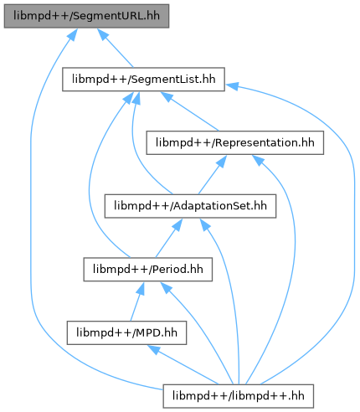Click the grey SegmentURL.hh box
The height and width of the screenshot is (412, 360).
[86, 16]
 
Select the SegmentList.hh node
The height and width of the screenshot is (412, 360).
[143, 80]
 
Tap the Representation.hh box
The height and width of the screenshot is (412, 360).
[235, 142]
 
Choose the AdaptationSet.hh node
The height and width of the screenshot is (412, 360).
[190, 206]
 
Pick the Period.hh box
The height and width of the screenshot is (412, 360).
[148, 270]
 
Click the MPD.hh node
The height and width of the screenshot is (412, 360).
[126, 332]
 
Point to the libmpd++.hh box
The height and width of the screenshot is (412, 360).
[239, 396]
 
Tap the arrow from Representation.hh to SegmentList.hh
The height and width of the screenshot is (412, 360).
[190, 111]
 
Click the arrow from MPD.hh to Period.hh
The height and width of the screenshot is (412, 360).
[137, 301]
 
